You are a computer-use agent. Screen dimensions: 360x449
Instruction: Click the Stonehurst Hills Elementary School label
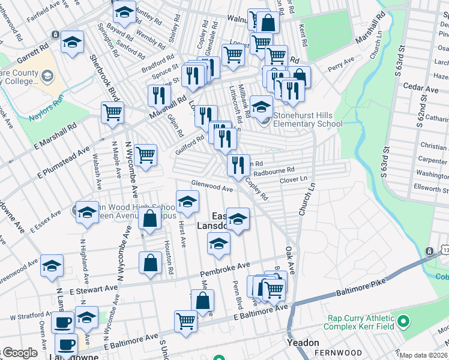click(308, 120)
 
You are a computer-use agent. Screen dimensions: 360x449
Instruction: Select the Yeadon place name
click(303, 343)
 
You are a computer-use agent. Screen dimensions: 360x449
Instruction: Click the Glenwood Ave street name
click(211, 187)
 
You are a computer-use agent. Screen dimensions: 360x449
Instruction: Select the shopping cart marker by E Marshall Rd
click(112, 112)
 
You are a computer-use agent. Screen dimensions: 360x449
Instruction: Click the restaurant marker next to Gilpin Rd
click(159, 95)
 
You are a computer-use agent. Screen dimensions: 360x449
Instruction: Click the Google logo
click(20, 353)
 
